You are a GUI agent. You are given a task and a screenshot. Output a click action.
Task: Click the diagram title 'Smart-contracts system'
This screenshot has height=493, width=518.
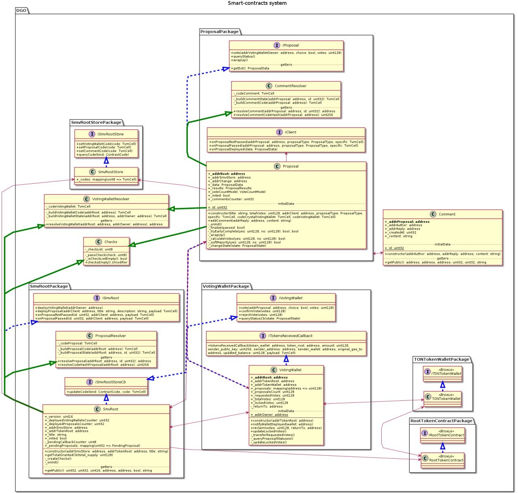[257, 3]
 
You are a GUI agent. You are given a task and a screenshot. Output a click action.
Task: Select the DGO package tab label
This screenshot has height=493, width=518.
[21, 11]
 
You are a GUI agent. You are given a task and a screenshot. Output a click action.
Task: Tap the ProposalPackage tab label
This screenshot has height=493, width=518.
[219, 32]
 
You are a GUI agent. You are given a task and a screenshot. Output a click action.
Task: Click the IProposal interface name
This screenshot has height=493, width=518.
[291, 45]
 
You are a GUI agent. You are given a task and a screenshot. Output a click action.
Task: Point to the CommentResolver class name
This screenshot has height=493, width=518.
[290, 86]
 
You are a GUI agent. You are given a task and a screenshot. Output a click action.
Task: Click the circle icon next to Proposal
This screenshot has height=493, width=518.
[277, 166]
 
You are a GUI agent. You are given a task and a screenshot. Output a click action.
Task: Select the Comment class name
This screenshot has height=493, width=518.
[447, 214]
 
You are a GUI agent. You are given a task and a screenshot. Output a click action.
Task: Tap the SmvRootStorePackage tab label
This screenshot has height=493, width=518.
[96, 122]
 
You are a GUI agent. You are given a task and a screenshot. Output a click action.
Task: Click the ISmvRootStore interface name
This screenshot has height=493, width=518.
[110, 134]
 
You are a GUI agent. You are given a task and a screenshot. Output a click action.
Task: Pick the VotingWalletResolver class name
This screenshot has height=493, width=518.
[110, 199]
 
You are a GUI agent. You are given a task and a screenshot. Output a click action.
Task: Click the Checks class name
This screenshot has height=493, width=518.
[110, 242]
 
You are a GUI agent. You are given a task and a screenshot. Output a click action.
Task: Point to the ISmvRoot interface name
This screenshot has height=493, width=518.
[110, 298]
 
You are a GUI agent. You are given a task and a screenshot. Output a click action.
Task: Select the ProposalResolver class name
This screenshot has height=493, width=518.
[110, 336]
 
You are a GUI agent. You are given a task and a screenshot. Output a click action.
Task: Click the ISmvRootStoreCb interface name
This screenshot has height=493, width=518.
[110, 382]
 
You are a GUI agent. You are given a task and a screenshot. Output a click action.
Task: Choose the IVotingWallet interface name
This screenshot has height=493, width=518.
[291, 298]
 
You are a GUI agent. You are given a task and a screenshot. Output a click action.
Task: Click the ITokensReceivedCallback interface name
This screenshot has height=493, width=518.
[290, 336]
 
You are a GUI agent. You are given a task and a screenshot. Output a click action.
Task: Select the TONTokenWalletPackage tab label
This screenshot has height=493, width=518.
[442, 359]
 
